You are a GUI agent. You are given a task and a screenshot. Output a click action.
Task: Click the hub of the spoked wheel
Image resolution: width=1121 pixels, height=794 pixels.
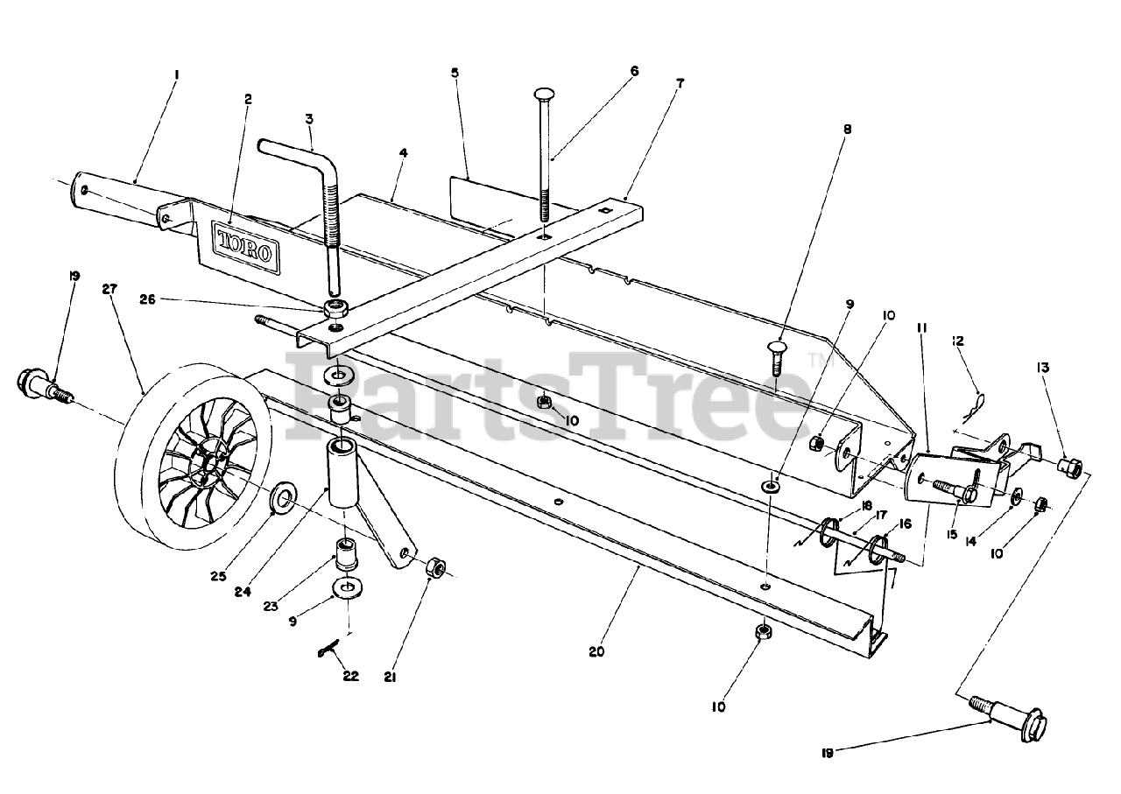(x=204, y=464)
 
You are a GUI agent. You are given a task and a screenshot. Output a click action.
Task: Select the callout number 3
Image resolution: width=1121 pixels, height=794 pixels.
(x=309, y=117)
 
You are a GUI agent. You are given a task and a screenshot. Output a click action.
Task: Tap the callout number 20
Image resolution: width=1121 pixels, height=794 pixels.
(x=597, y=651)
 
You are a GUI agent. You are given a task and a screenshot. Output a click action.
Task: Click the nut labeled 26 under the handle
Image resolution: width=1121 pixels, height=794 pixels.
(x=334, y=308)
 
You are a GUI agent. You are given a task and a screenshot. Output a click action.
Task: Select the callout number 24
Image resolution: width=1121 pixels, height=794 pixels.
(x=243, y=592)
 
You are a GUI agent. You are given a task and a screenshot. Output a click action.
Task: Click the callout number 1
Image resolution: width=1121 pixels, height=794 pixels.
(x=176, y=75)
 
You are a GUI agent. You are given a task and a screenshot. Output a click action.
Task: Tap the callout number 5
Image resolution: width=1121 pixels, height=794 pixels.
(x=455, y=73)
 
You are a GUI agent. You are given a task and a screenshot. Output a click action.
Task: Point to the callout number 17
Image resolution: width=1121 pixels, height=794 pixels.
(x=881, y=515)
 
